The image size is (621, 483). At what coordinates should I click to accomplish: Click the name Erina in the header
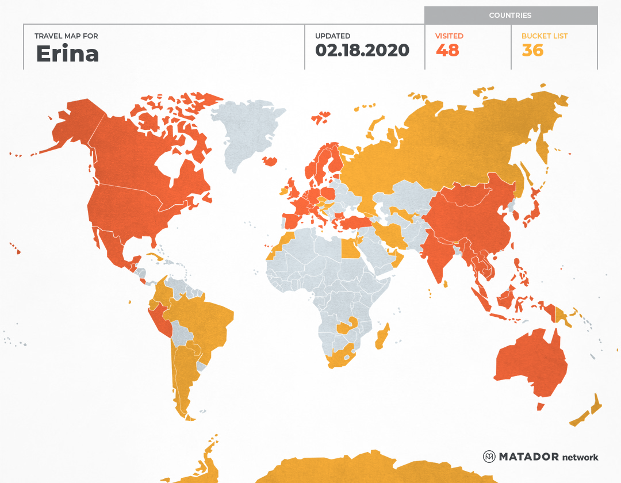click(67, 54)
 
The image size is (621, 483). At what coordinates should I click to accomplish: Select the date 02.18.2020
click(362, 51)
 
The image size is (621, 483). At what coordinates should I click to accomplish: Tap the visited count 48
click(447, 51)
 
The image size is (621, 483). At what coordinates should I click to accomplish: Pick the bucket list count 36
click(532, 51)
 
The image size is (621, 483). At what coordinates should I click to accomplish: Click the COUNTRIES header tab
click(510, 16)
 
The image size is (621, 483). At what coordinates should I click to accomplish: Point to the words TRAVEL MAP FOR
click(67, 36)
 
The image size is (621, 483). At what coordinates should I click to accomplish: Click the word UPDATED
click(332, 36)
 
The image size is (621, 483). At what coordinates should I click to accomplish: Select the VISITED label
click(449, 36)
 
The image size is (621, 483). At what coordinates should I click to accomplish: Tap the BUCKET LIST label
click(545, 36)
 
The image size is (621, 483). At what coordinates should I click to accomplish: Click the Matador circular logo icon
click(489, 457)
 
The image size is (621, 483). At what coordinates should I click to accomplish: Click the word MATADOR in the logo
click(528, 457)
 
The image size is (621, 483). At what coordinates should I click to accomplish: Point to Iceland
click(269, 161)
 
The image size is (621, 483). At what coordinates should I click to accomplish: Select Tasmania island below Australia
click(540, 407)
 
